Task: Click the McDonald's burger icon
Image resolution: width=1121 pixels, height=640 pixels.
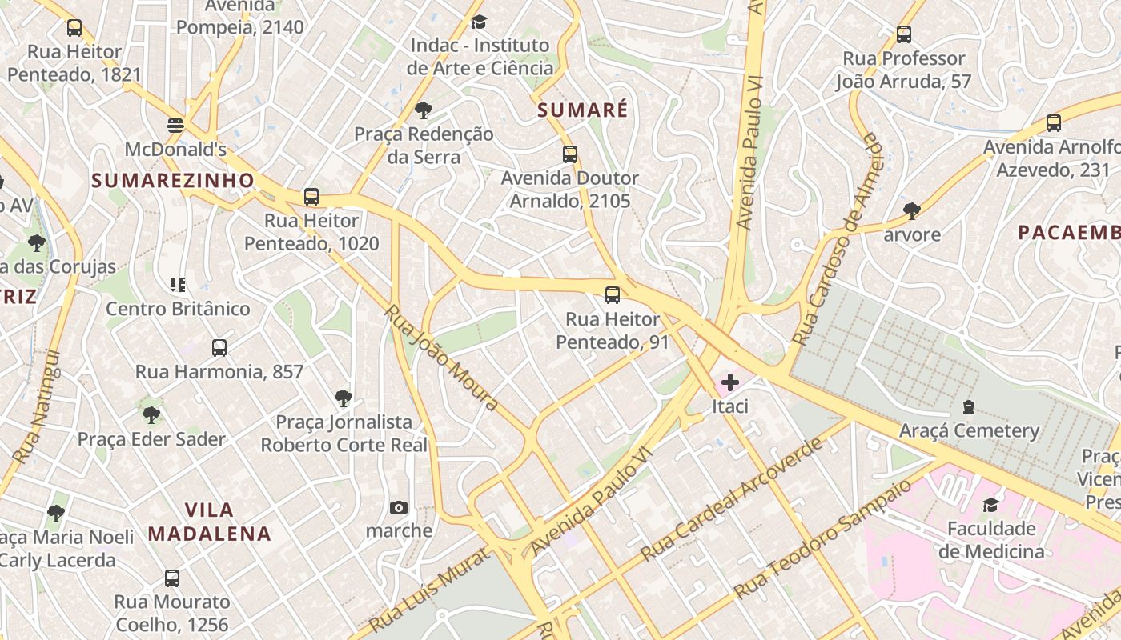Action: pyautogui.click(x=175, y=125)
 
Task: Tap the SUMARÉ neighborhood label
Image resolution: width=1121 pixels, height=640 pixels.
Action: pyautogui.click(x=582, y=110)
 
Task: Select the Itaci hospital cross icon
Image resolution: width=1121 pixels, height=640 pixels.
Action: pyautogui.click(x=729, y=382)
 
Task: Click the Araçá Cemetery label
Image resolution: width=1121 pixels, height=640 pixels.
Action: pyautogui.click(x=969, y=431)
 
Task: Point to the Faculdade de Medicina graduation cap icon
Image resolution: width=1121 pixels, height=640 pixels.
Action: pyautogui.click(x=990, y=505)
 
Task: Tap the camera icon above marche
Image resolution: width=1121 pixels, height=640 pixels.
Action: pyautogui.click(x=398, y=507)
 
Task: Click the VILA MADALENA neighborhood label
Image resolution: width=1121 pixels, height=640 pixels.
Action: pyautogui.click(x=210, y=522)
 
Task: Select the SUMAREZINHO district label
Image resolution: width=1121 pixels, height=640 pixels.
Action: pyautogui.click(x=173, y=181)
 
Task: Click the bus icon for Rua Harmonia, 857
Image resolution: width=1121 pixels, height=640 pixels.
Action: pyautogui.click(x=219, y=348)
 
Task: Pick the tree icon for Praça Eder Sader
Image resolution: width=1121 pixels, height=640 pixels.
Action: pyautogui.click(x=151, y=414)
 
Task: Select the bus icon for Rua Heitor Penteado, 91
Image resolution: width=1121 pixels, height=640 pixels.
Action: pyautogui.click(x=613, y=295)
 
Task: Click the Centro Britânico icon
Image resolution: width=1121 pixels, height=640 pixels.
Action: pyautogui.click(x=178, y=284)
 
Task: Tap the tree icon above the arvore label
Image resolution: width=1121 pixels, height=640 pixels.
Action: pyautogui.click(x=911, y=211)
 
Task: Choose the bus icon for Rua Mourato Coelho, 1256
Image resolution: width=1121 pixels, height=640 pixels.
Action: pyautogui.click(x=171, y=578)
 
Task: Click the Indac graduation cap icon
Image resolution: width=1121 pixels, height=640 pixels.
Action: pyautogui.click(x=479, y=22)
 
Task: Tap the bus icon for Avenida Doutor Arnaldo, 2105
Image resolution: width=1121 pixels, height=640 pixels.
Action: pyautogui.click(x=569, y=154)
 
